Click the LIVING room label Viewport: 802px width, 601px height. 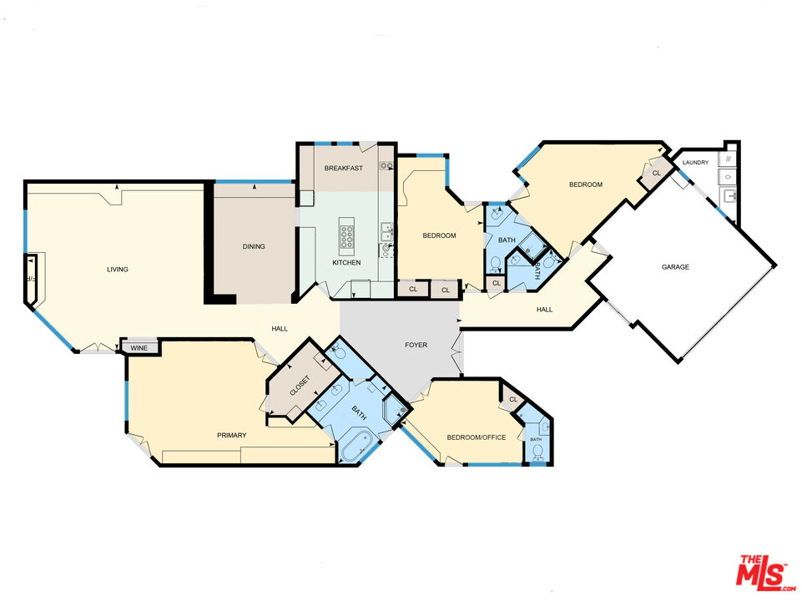[x=117, y=269]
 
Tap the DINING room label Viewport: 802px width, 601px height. [x=254, y=246]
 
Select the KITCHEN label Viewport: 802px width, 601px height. [x=346, y=263]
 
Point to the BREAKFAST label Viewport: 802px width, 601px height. [x=343, y=169]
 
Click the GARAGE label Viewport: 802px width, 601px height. [x=675, y=267]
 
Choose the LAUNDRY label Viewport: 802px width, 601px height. [x=695, y=162]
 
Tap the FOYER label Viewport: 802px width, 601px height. [x=416, y=344]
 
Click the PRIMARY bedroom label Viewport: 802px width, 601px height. [x=231, y=435]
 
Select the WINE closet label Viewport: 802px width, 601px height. [x=139, y=347]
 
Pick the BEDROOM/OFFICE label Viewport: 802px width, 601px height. [x=477, y=437]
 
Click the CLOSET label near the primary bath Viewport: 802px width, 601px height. [x=300, y=386]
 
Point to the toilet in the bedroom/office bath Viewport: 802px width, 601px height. [x=537, y=452]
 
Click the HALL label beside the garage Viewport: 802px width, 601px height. [x=544, y=310]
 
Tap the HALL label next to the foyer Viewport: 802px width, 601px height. [x=280, y=329]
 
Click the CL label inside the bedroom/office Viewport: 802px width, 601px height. [x=513, y=401]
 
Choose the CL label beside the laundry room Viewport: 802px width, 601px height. [x=656, y=173]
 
